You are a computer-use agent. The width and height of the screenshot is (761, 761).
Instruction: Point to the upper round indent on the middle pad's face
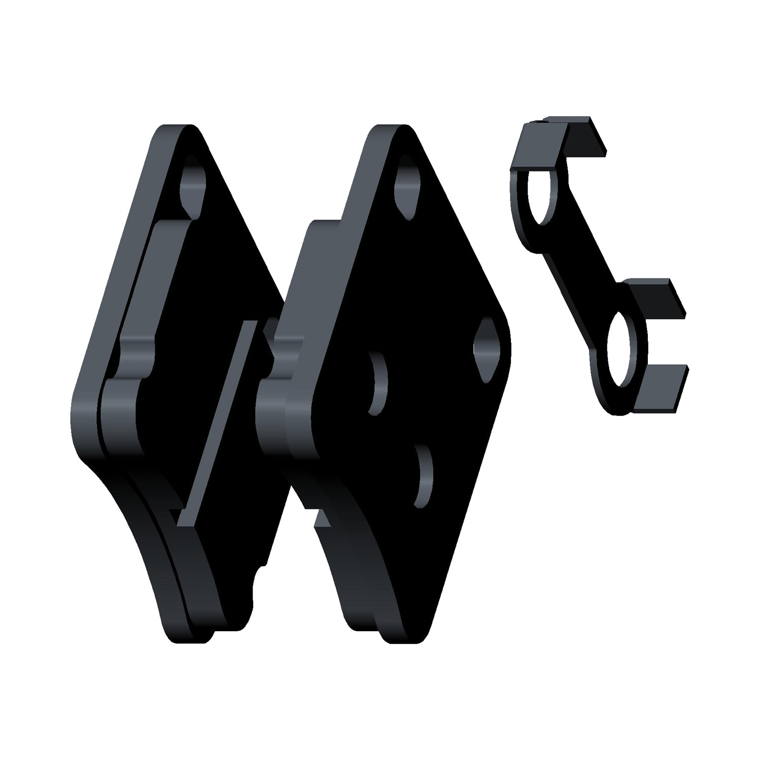point(377,384)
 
